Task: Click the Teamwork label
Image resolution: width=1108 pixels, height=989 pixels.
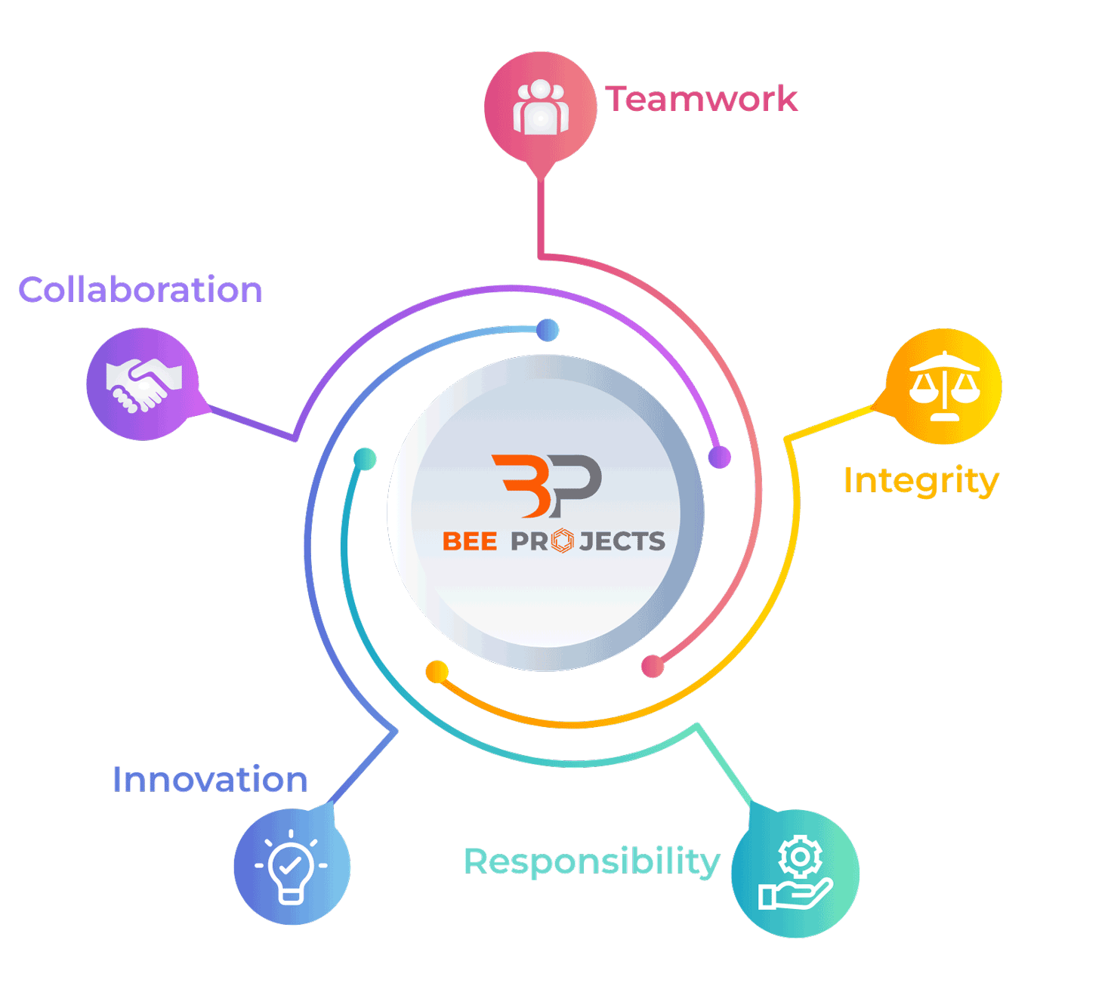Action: [701, 99]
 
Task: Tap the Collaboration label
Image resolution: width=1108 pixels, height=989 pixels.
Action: [140, 290]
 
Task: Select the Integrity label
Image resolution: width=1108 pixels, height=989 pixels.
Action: [921, 481]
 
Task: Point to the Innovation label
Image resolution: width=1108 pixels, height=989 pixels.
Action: [210, 780]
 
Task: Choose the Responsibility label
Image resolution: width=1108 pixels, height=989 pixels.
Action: [591, 861]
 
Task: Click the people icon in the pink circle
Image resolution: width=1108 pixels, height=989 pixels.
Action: [541, 107]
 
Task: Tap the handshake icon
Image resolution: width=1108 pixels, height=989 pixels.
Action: [144, 384]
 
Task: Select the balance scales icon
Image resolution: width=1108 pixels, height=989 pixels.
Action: [944, 387]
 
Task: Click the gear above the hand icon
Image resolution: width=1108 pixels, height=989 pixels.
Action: [801, 856]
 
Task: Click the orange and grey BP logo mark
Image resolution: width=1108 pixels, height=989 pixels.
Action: [547, 485]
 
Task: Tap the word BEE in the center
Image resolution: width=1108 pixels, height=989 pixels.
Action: [470, 541]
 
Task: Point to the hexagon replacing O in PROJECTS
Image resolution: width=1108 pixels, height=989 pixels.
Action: [563, 541]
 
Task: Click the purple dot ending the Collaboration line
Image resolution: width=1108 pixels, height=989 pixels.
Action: [720, 457]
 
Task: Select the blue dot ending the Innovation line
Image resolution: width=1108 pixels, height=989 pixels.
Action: [548, 330]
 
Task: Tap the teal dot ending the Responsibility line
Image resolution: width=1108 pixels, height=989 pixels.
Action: [365, 458]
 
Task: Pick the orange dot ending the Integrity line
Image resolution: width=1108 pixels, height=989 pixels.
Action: [437, 671]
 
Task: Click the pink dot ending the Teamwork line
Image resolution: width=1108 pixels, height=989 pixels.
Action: [653, 667]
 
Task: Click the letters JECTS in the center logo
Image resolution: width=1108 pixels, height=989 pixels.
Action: [622, 541]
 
